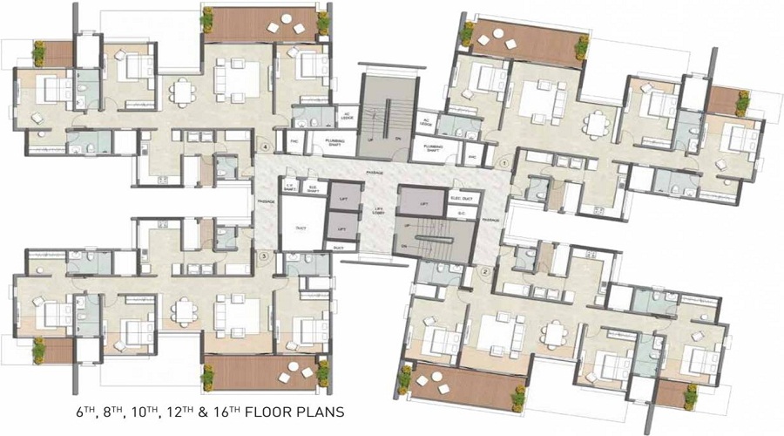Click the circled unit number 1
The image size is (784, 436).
[503, 162]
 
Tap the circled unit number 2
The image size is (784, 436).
[486, 271]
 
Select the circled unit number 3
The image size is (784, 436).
[264, 255]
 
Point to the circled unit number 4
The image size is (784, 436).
[265, 147]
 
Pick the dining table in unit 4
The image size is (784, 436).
[183, 90]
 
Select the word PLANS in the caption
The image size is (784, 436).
[321, 411]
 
